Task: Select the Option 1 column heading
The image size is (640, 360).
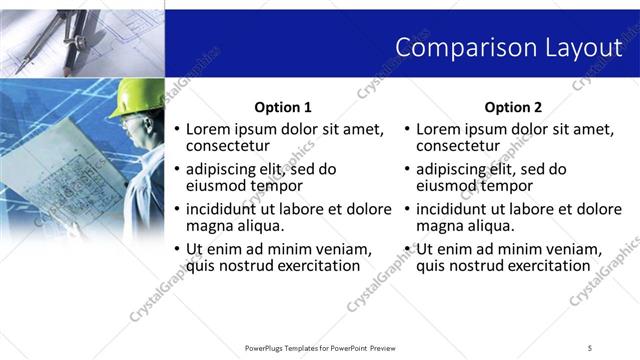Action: tap(283, 107)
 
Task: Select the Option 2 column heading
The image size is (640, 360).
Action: tap(513, 107)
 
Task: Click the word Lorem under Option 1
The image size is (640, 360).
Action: tap(209, 129)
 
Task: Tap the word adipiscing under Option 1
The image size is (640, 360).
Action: tap(225, 169)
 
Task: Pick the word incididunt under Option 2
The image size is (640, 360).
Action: tap(457, 209)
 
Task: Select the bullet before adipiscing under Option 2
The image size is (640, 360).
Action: tap(408, 170)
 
